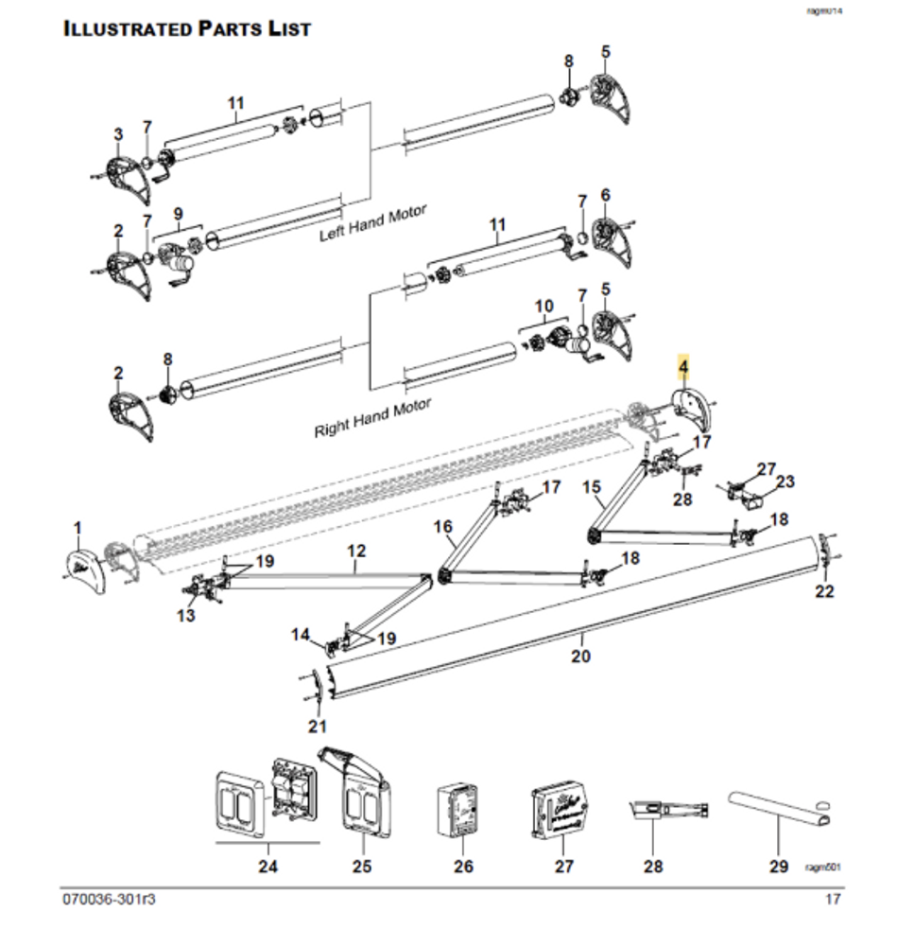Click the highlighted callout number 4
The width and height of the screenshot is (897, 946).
[682, 364]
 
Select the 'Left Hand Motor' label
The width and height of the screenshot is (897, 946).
[372, 223]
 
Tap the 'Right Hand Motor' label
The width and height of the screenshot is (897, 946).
[372, 417]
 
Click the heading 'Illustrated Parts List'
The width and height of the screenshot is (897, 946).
[186, 28]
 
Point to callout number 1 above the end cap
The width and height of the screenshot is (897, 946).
[78, 526]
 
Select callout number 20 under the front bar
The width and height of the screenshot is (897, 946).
[580, 656]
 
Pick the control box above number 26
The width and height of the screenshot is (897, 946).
[460, 809]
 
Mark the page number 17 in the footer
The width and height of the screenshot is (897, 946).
[832, 899]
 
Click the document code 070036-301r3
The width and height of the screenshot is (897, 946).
[109, 899]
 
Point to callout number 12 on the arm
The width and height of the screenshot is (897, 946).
[356, 550]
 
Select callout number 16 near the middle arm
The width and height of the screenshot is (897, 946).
[443, 526]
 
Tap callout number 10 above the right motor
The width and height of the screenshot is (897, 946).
[543, 307]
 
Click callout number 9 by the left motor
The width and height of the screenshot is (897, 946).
[177, 213]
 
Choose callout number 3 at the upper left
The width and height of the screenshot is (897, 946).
[118, 135]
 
